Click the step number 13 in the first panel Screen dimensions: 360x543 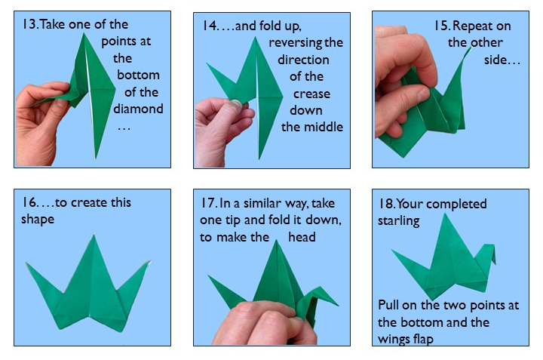pyautogui.click(x=28, y=25)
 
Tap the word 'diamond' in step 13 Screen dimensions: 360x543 pyautogui.click(x=138, y=108)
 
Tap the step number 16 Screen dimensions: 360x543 pyautogui.click(x=28, y=202)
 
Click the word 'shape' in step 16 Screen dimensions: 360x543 pyautogui.click(x=38, y=219)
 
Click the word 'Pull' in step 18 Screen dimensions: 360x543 pyautogui.click(x=389, y=306)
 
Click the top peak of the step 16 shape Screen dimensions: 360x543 pyautogui.click(x=95, y=236)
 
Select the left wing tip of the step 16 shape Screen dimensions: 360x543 pyautogui.click(x=28, y=264)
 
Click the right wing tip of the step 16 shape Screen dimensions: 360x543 pyautogui.click(x=150, y=263)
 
